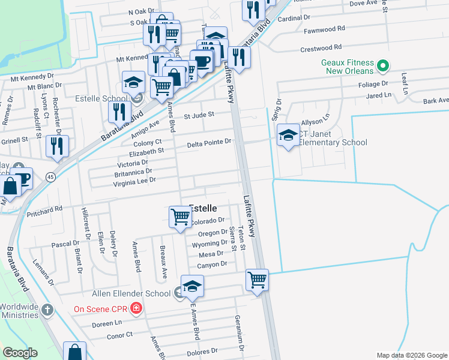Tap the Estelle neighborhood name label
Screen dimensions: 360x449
(203, 208)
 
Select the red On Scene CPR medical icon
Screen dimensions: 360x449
(136, 309)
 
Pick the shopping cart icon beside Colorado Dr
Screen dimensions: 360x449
(180, 217)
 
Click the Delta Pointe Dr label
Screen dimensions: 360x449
(208, 143)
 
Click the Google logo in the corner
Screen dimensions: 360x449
(20, 352)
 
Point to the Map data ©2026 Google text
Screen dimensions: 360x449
(412, 355)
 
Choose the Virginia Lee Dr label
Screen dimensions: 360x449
(131, 180)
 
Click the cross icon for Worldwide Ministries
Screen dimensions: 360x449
(47, 310)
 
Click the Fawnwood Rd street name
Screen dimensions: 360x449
(324, 28)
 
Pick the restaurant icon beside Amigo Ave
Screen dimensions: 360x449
(120, 112)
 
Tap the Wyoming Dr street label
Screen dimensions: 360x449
(209, 245)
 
